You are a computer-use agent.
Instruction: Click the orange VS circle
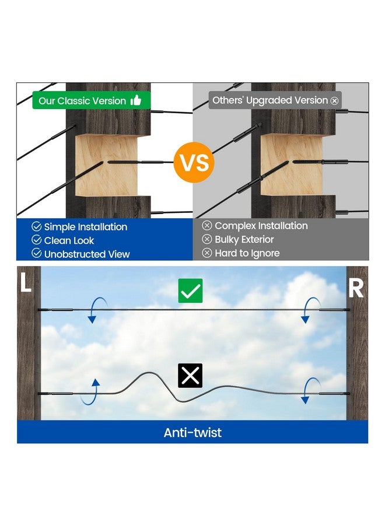194,162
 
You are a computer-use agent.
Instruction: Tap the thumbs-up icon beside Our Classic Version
135,100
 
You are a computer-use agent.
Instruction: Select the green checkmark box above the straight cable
190,290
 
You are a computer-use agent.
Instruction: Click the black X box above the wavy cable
190,375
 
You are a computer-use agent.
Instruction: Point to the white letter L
26,282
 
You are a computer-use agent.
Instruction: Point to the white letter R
355,288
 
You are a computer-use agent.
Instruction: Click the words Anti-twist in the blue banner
192,432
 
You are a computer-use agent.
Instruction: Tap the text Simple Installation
86,227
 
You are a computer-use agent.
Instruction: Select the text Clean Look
69,240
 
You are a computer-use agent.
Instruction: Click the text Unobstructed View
87,254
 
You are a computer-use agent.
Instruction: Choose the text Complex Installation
261,226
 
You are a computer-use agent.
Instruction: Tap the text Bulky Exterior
244,239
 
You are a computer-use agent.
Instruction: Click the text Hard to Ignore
247,253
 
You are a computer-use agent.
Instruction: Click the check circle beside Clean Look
37,240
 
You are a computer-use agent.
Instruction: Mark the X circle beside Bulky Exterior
207,239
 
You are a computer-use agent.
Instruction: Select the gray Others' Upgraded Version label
275,100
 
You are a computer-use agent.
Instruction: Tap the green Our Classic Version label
92,100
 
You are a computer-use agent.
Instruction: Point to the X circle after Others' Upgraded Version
334,101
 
